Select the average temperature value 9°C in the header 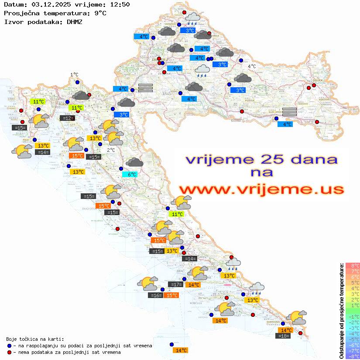coord(100,13)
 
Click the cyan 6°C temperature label coord(130,175)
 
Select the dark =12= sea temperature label coord(67,118)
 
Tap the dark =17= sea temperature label coord(175,285)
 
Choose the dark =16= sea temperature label coord(156,295)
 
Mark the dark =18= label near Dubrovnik coord(283,336)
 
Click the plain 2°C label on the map coord(111,150)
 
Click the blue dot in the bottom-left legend coord(9,346)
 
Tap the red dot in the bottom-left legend coord(9,352)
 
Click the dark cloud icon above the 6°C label coord(134,162)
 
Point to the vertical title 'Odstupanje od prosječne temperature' coord(341,311)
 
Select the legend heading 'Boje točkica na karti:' coord(35,339)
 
